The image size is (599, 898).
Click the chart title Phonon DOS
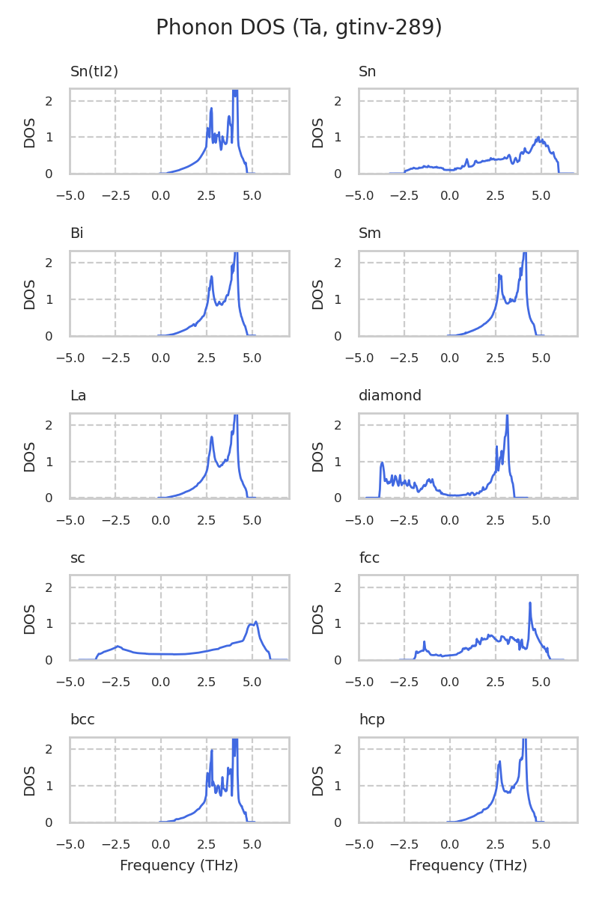(x=299, y=28)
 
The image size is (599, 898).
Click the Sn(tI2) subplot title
(x=94, y=72)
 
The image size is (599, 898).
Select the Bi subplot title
(x=76, y=233)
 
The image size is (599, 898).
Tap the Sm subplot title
(x=370, y=233)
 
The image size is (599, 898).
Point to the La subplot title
(x=78, y=396)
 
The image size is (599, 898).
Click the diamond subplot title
(x=390, y=396)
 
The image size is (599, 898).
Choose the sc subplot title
(x=77, y=558)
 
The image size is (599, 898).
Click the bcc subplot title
(x=82, y=720)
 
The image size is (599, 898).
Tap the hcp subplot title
(x=371, y=720)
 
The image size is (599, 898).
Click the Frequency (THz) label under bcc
(x=179, y=866)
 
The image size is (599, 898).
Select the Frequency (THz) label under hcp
(x=468, y=866)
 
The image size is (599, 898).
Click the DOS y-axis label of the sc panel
(x=30, y=618)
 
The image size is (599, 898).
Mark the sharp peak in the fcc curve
(x=530, y=603)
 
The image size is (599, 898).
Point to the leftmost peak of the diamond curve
(x=382, y=463)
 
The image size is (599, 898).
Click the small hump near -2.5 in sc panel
(x=118, y=647)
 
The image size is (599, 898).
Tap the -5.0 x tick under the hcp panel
(x=359, y=844)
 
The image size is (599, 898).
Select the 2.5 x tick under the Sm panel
(x=496, y=358)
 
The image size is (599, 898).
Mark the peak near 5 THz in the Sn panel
(x=539, y=138)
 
